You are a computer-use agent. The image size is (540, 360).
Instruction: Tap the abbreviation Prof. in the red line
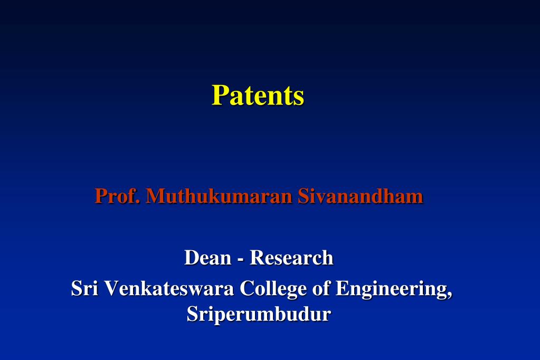(117, 196)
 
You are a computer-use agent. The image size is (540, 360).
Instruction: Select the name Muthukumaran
(219, 196)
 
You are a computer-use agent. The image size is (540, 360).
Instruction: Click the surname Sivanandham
(361, 196)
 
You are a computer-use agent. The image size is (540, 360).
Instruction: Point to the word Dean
(208, 258)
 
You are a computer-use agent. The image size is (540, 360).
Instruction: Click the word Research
(291, 258)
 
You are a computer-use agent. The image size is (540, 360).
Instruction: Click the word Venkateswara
(169, 288)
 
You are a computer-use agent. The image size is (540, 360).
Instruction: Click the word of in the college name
(321, 288)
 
